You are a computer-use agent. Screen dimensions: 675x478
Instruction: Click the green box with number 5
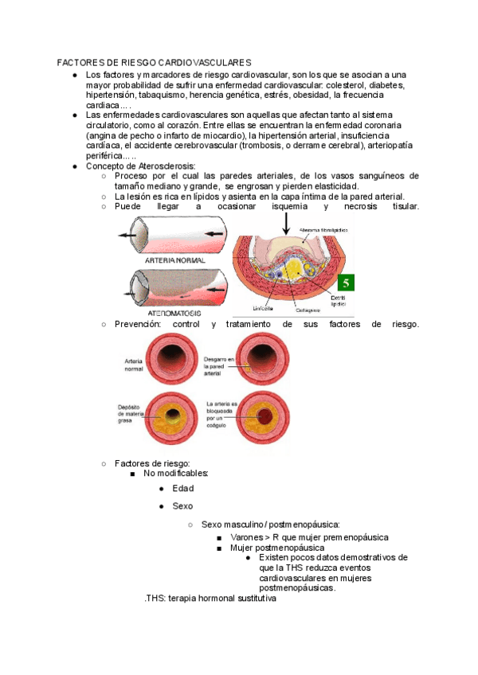pyautogui.click(x=346, y=283)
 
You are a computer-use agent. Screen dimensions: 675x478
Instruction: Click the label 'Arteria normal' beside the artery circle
pyautogui.click(x=134, y=365)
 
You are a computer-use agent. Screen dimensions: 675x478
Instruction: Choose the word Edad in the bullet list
pyautogui.click(x=183, y=489)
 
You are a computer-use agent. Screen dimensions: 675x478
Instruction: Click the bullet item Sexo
pyautogui.click(x=183, y=506)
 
